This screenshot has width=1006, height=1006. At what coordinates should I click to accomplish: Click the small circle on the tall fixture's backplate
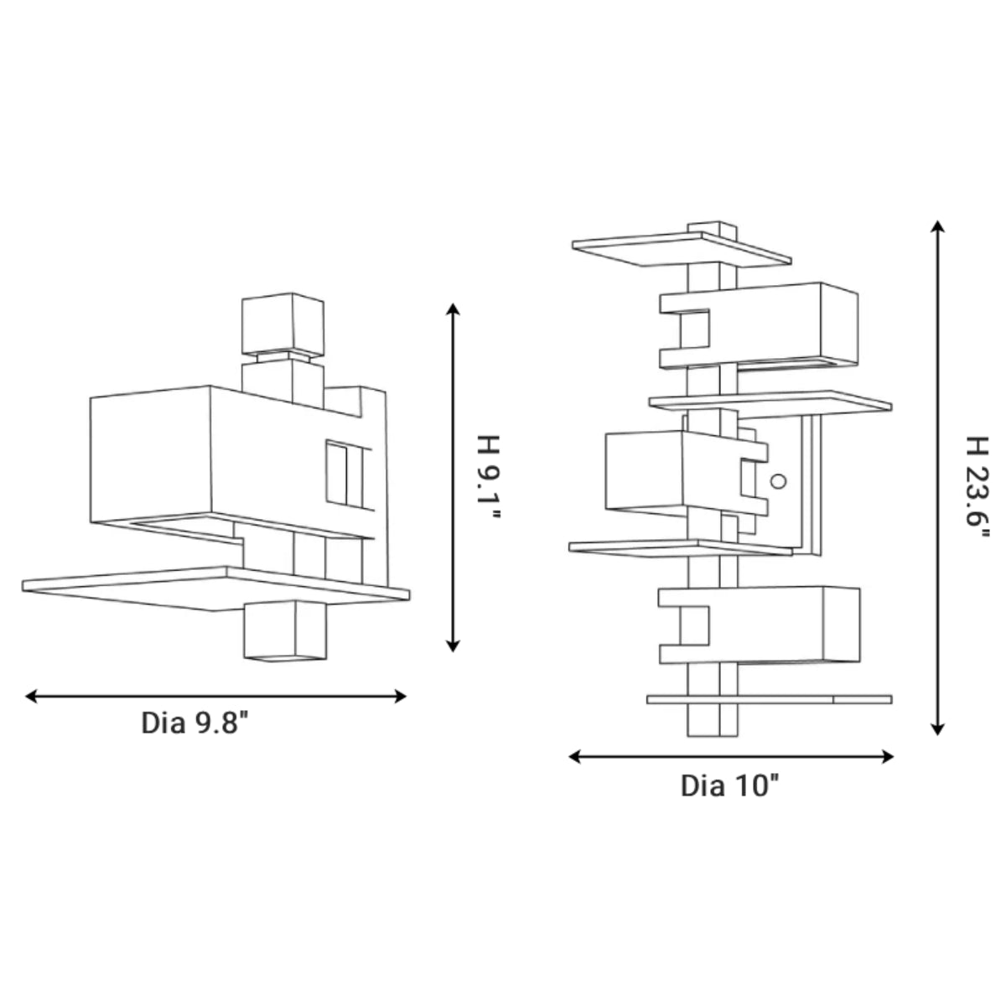point(777,481)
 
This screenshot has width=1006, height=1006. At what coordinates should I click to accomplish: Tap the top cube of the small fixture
point(282,322)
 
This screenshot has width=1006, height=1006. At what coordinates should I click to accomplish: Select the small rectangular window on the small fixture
point(338,474)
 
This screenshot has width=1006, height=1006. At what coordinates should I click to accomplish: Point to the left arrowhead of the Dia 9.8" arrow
point(32,696)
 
